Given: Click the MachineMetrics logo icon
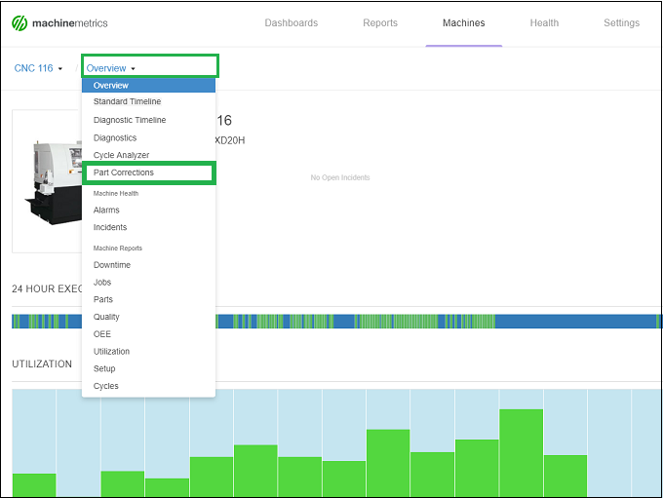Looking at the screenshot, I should [19, 22].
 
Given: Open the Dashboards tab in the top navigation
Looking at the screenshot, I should [291, 23].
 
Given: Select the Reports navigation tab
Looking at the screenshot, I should [379, 23].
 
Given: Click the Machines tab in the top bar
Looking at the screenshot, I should [463, 23].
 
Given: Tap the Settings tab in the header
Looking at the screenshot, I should [621, 23].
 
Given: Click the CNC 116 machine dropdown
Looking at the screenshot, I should [38, 68].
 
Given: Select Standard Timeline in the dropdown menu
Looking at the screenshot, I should [127, 102].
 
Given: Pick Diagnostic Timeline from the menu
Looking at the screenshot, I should [130, 120].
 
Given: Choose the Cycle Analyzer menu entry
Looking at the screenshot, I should [121, 155].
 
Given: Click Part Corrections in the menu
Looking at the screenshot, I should [124, 172].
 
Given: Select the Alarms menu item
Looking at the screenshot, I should [106, 210].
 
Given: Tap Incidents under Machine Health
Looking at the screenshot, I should [110, 227].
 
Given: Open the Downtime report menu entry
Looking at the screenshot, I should [112, 265].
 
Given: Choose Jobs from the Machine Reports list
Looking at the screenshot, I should [102, 283].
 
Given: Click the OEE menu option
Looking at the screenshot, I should [102, 334].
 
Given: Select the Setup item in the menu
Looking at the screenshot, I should [104, 368].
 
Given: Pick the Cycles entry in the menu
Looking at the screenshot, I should [106, 386].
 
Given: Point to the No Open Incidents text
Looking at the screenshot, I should [339, 177].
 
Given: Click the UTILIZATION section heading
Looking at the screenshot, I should [42, 364].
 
